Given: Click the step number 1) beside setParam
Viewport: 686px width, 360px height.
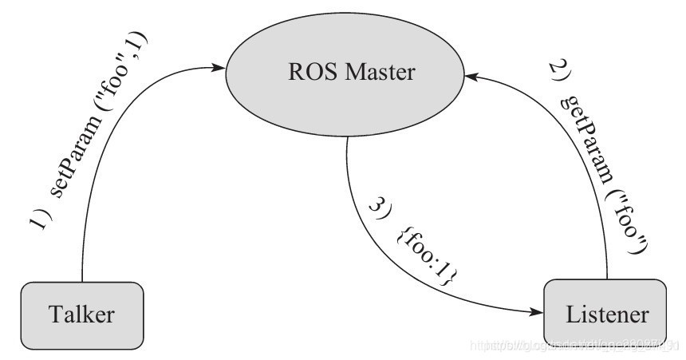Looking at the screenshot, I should point(42,219).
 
